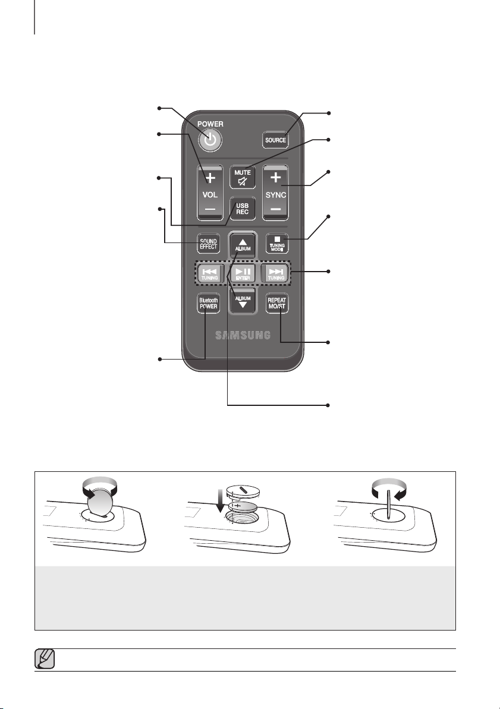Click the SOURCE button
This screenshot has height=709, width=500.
click(x=275, y=140)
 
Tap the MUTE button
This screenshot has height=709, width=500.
click(x=243, y=177)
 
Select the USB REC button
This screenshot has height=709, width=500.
click(x=243, y=209)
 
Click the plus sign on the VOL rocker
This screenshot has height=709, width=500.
click(x=210, y=178)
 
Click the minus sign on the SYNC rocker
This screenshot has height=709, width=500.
click(x=276, y=209)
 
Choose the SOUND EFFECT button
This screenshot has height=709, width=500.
click(x=209, y=244)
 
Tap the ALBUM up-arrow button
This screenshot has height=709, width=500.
click(x=243, y=245)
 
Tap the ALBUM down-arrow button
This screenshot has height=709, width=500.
click(x=243, y=301)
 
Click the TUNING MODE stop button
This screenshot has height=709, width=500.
click(x=277, y=244)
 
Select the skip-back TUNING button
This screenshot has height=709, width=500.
click(x=209, y=273)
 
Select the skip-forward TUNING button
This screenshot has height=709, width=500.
click(x=276, y=273)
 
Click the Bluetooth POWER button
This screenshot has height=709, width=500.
click(x=209, y=304)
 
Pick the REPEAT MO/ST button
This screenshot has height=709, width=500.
click(x=277, y=304)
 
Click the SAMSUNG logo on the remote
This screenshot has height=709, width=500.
click(x=243, y=335)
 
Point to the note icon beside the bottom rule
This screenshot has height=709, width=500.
click(x=45, y=659)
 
